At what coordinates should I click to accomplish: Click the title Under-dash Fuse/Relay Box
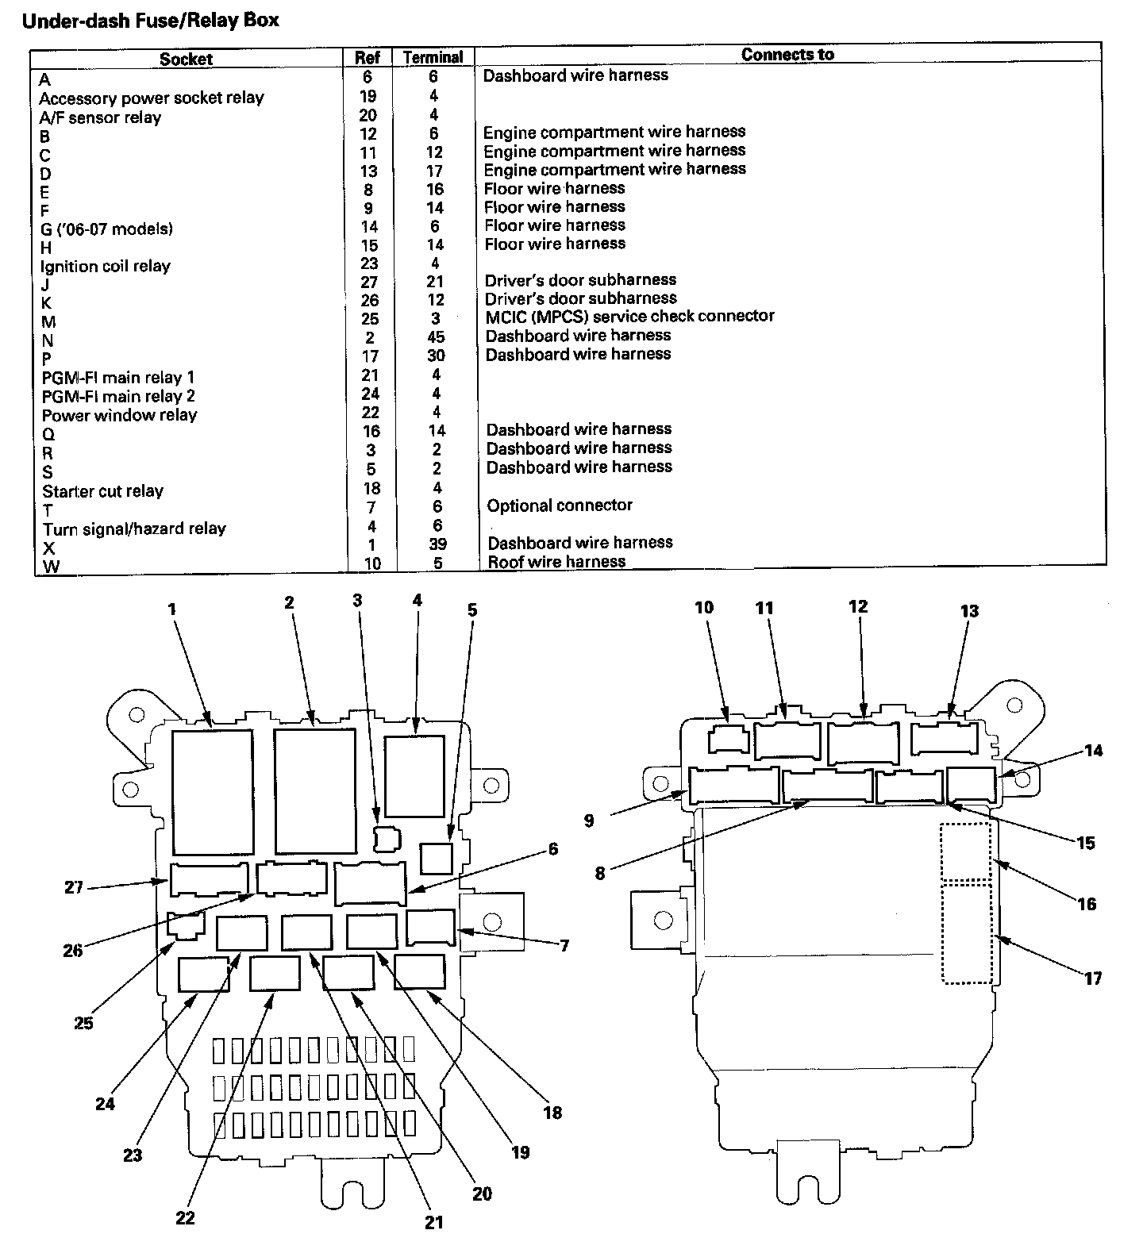tap(151, 21)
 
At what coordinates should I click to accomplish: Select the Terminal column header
tap(433, 57)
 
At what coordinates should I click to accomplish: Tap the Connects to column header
tap(787, 54)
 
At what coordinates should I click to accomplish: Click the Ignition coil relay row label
tap(106, 266)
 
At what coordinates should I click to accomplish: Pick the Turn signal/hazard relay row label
tap(134, 529)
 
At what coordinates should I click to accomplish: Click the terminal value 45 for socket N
tap(436, 337)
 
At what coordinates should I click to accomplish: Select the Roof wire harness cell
tap(556, 562)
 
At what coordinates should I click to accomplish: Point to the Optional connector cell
tap(560, 505)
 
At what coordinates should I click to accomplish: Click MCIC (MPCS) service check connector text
tap(629, 316)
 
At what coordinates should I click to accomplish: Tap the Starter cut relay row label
tap(102, 490)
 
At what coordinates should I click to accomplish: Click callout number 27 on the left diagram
tap(74, 887)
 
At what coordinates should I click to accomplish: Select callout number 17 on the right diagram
tap(1094, 978)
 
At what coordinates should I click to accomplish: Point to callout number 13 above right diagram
tap(970, 611)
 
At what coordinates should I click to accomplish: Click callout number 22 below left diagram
tap(185, 1217)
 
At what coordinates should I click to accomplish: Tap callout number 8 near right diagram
tap(600, 874)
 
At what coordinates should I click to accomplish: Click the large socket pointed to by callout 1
tap(212, 792)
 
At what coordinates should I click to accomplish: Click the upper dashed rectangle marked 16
tap(966, 851)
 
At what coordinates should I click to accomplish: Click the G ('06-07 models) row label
tap(106, 229)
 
